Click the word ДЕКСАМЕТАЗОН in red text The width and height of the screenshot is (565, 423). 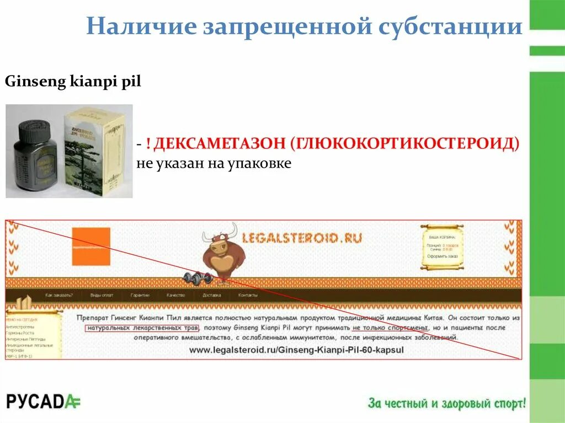[218, 144]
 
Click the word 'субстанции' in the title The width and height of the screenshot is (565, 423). [450, 26]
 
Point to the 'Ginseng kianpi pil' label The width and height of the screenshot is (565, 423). [73, 82]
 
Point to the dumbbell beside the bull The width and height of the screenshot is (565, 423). [198, 277]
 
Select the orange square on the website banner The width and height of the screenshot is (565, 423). [91, 247]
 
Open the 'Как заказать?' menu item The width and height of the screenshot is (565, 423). [59, 295]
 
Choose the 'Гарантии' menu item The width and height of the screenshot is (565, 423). [140, 295]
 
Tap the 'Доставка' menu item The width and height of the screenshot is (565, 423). [211, 295]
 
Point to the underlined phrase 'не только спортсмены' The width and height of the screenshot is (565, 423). [387, 328]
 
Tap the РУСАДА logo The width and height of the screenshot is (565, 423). [43, 401]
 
